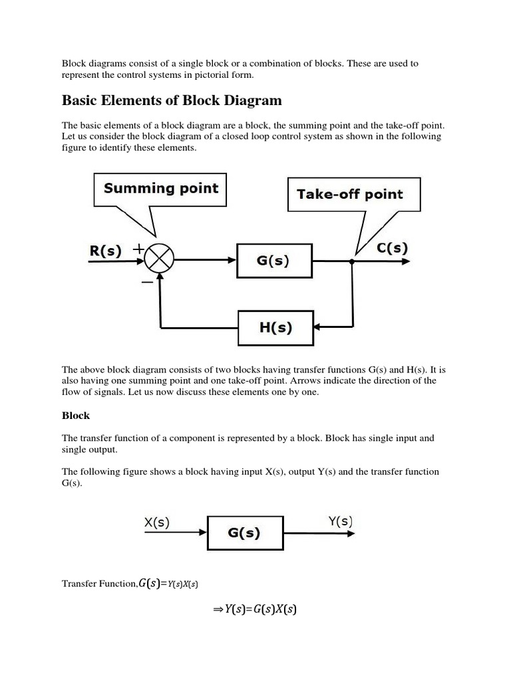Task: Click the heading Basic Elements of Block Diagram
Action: [172, 100]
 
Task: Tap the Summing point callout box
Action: [160, 189]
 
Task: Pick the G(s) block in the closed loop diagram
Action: [273, 261]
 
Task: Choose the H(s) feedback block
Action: [275, 327]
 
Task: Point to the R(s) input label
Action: [105, 251]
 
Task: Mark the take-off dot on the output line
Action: [352, 261]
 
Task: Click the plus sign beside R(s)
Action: [138, 249]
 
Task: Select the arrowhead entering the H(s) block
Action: [318, 327]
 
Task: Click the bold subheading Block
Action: [76, 416]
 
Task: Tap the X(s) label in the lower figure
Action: [157, 523]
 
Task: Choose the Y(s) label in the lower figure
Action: [341, 521]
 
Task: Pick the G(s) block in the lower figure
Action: [244, 532]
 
